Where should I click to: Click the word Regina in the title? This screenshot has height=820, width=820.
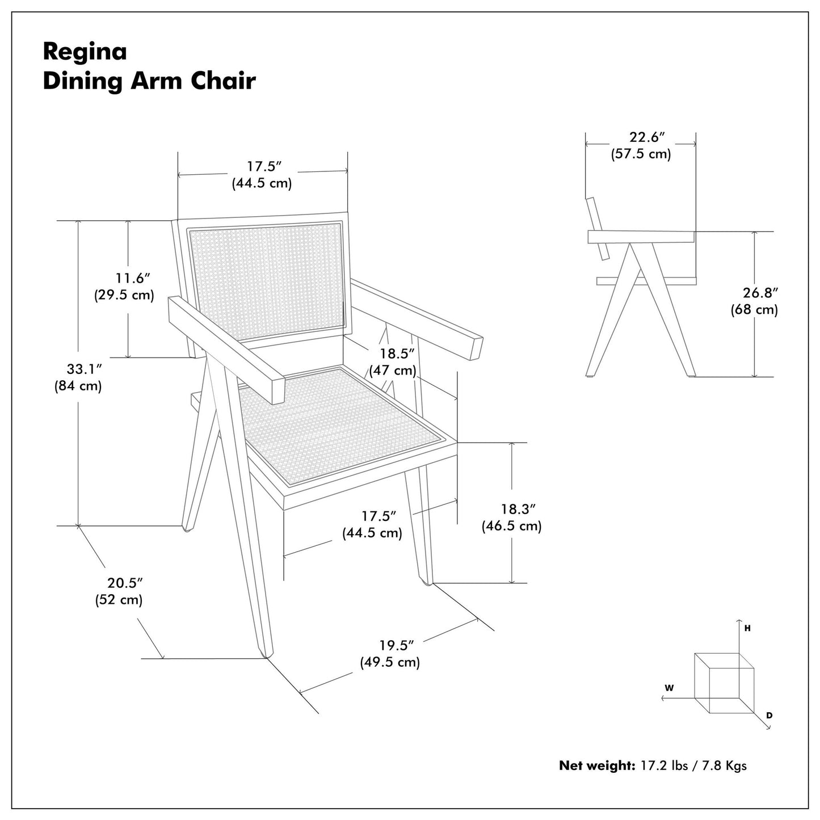tap(85, 52)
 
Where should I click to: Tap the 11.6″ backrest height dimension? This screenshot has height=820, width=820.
tap(133, 279)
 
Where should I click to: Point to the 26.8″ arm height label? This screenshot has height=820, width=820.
tap(760, 293)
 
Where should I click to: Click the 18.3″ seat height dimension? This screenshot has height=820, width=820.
tap(518, 509)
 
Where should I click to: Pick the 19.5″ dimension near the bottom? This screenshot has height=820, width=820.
tap(396, 645)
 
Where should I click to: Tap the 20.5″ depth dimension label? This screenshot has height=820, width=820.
tap(125, 583)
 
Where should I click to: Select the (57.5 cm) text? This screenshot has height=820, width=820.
tap(641, 154)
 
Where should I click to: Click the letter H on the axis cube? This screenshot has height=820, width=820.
tap(747, 628)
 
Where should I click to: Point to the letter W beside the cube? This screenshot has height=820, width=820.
tap(669, 688)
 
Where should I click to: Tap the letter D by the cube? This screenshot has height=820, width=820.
tap(769, 716)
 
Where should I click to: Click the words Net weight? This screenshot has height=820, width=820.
tap(596, 766)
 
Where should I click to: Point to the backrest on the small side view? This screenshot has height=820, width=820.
tap(597, 227)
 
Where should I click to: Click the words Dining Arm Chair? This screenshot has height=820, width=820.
tap(149, 81)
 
